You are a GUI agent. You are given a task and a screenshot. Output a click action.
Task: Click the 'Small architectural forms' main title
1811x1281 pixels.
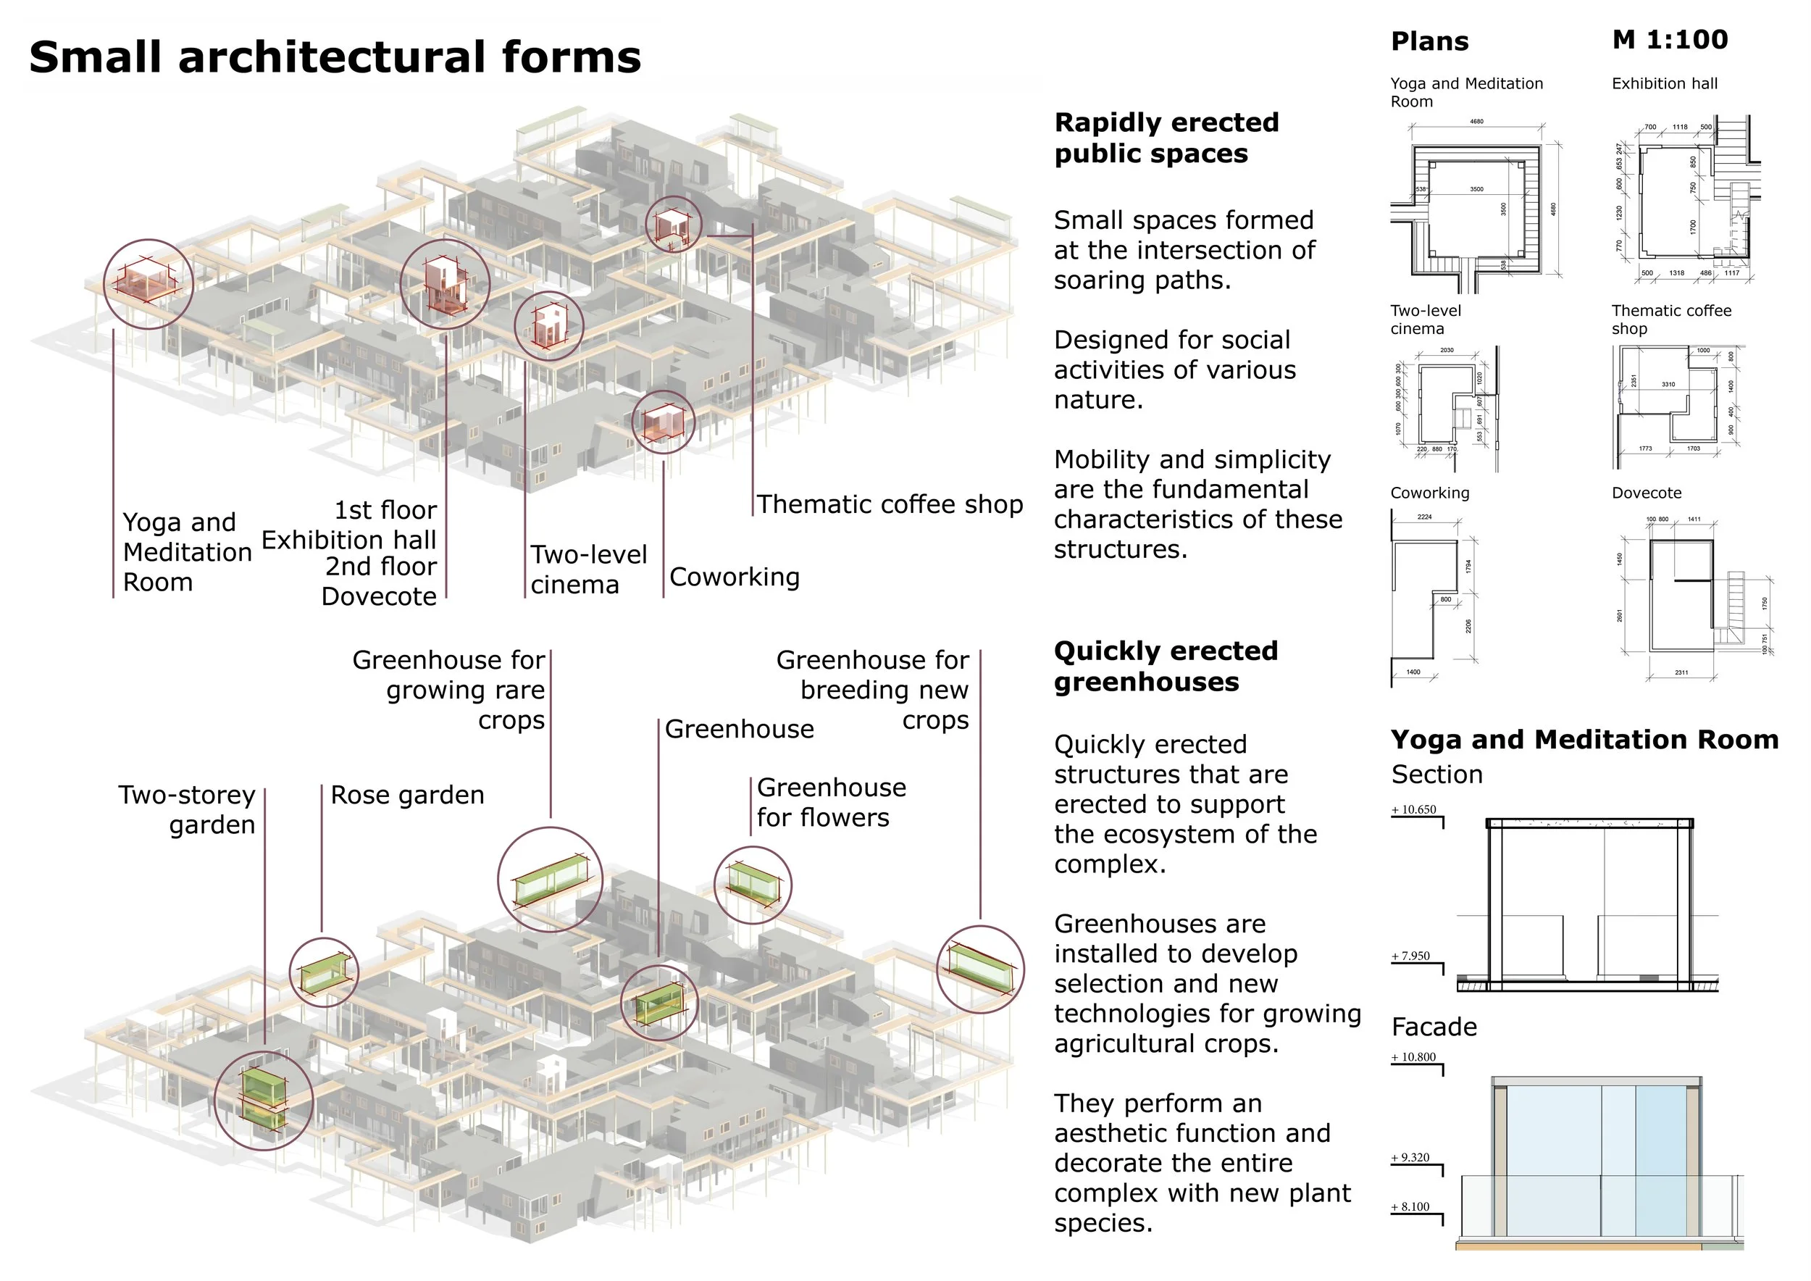pos(335,57)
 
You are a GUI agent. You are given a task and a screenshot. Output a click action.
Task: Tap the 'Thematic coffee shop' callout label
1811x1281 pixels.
pos(890,504)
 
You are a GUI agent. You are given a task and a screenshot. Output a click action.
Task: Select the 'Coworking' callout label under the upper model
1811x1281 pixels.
pos(734,577)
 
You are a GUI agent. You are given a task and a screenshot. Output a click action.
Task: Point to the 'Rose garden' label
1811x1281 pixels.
pos(407,794)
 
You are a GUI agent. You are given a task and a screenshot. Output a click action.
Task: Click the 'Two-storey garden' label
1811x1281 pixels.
pos(188,809)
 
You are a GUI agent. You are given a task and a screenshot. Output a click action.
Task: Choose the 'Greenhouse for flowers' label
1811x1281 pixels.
pos(831,802)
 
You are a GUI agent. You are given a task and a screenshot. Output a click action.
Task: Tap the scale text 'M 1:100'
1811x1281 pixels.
pos(1669,39)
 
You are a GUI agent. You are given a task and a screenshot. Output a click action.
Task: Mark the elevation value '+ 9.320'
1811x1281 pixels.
pos(1410,1157)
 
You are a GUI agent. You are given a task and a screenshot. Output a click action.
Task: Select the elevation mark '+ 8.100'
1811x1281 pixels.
pos(1410,1206)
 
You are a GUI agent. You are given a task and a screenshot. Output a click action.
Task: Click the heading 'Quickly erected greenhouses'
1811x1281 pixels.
pos(1165,666)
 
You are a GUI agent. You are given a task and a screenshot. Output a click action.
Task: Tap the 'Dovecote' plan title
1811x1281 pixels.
pos(1646,493)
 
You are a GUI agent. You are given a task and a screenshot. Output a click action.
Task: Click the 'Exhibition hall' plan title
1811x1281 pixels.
pos(1664,83)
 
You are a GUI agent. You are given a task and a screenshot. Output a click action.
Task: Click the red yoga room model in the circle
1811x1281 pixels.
pos(147,283)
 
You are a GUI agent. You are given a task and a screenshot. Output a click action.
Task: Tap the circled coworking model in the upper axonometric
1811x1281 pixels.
pos(663,422)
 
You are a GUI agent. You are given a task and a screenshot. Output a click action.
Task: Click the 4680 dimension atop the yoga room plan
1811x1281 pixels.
pos(1476,122)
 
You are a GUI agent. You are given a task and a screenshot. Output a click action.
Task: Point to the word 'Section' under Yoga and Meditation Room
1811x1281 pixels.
pos(1436,775)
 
